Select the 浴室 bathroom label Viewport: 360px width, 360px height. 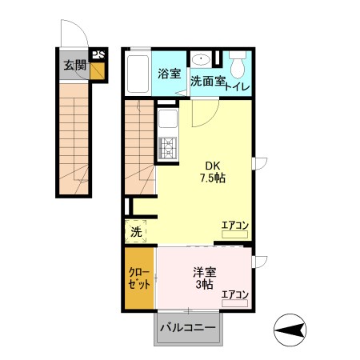[168, 75]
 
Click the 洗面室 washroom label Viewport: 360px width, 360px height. [206, 81]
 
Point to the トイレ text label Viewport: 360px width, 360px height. [238, 86]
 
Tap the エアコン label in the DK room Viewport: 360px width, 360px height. [234, 226]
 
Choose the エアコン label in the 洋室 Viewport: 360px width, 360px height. [234, 294]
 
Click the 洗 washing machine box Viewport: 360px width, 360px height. [136, 232]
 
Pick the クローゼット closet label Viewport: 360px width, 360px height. [139, 278]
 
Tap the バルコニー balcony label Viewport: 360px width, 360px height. [187, 328]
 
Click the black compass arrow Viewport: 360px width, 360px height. [293, 328]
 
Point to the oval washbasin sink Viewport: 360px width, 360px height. [200, 59]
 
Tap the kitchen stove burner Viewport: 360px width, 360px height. [168, 149]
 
